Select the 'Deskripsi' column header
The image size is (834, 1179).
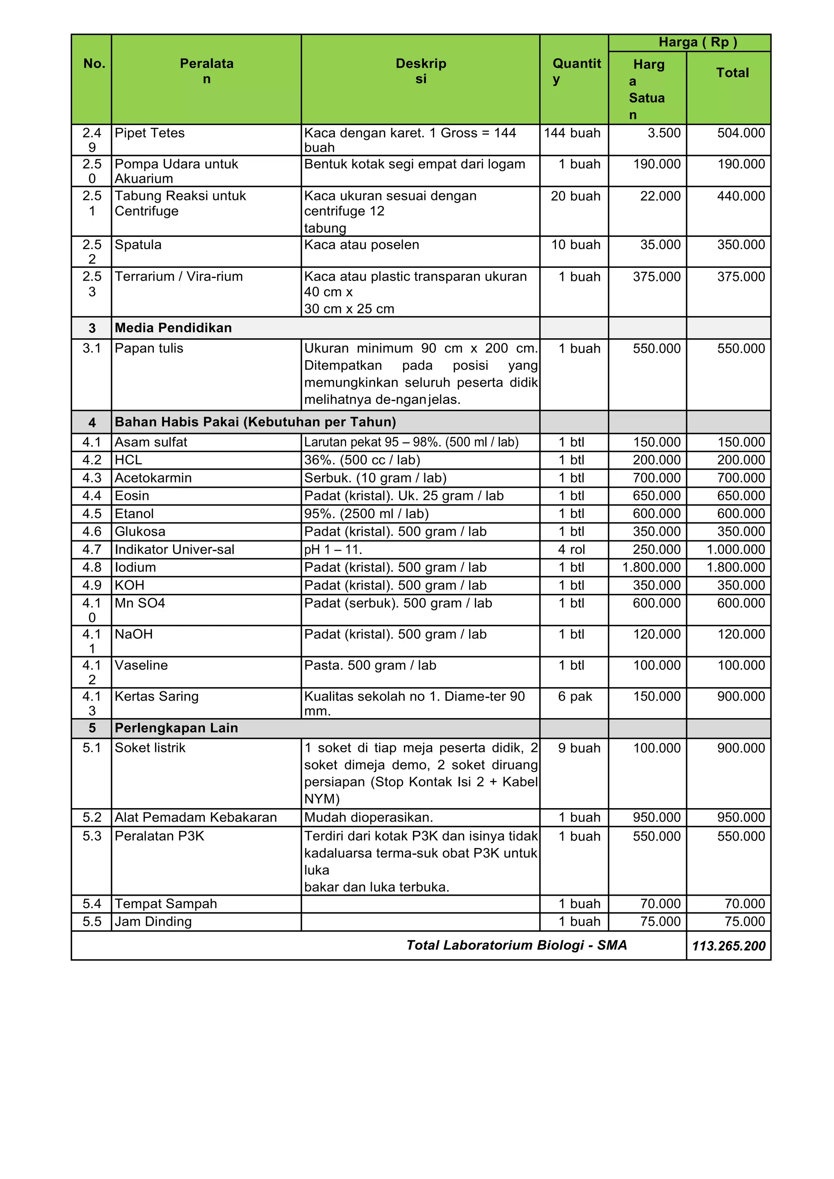(421, 71)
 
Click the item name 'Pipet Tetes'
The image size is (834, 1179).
(149, 133)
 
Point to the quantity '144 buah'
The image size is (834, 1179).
(572, 133)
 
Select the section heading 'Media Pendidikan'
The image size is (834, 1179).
(173, 328)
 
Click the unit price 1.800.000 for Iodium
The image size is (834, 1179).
(651, 567)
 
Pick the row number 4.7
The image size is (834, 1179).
(92, 550)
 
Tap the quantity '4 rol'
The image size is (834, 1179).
(572, 550)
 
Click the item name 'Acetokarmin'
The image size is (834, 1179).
(153, 478)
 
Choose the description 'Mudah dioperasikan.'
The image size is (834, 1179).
(369, 817)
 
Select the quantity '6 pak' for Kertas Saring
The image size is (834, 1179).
(575, 696)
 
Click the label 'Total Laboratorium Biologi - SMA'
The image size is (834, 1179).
(517, 945)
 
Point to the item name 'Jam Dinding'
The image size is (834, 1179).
(153, 922)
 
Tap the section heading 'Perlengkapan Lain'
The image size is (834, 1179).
(176, 728)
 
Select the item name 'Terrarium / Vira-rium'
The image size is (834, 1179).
(179, 276)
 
